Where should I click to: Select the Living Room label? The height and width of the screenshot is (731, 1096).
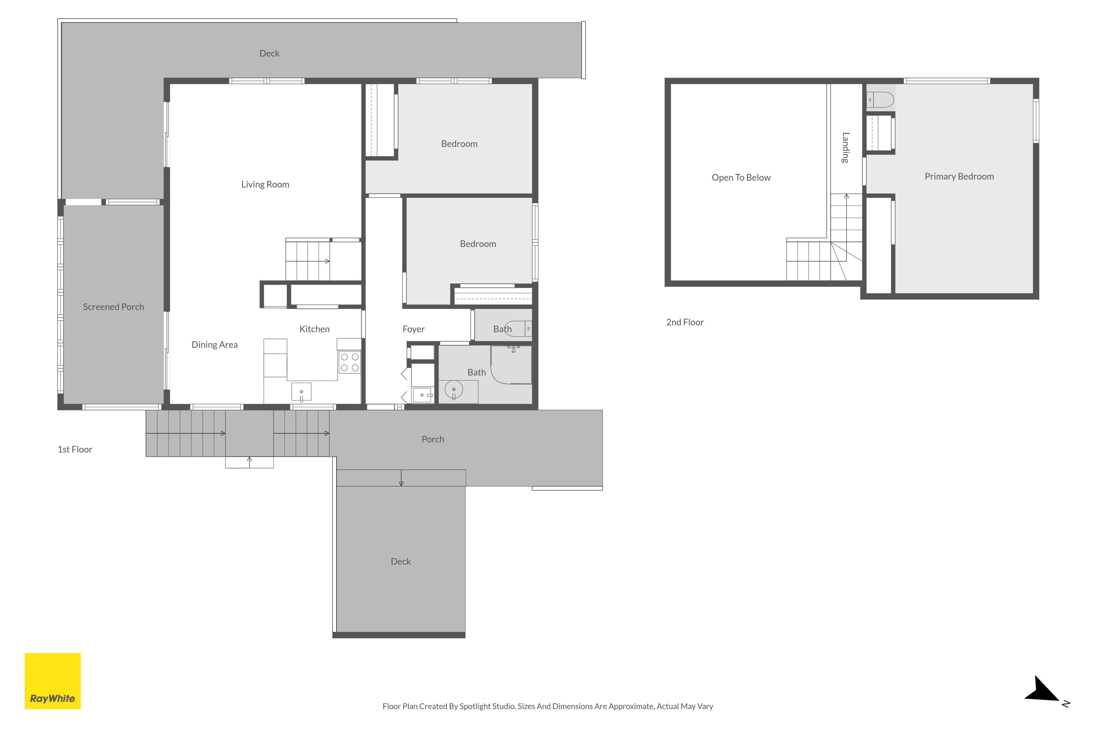pos(265,184)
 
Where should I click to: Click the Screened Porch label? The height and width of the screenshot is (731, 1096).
pos(113,307)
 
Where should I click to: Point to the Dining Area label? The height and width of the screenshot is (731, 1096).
pos(214,345)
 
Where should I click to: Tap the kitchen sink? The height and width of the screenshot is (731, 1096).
pos(301,392)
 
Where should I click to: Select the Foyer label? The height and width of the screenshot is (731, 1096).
pos(413,329)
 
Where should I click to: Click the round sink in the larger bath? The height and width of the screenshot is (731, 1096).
pos(453,389)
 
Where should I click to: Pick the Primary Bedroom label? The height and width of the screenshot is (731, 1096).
pos(959,176)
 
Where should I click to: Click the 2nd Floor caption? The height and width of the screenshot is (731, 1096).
pos(684,322)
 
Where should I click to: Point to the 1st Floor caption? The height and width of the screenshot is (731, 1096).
pos(75,450)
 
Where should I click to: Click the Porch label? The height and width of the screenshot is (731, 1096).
pos(433,439)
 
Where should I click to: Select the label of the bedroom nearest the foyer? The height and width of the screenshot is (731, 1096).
pos(478,244)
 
